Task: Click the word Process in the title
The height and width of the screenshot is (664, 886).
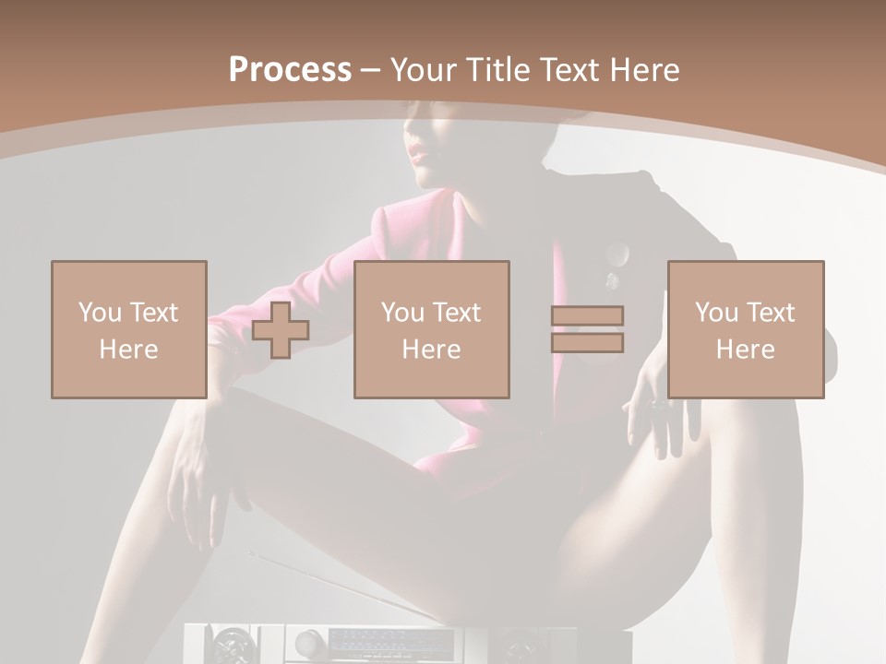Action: pyautogui.click(x=290, y=70)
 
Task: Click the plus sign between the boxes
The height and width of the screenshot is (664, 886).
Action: pyautogui.click(x=281, y=329)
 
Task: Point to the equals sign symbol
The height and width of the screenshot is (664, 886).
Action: pyautogui.click(x=587, y=329)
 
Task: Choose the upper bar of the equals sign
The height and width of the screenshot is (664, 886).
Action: pyautogui.click(x=587, y=315)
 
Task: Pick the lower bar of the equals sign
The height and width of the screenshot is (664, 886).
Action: pyautogui.click(x=587, y=343)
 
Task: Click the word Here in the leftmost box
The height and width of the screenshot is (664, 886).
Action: pyautogui.click(x=128, y=350)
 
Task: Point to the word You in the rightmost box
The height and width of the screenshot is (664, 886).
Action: pyautogui.click(x=716, y=313)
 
